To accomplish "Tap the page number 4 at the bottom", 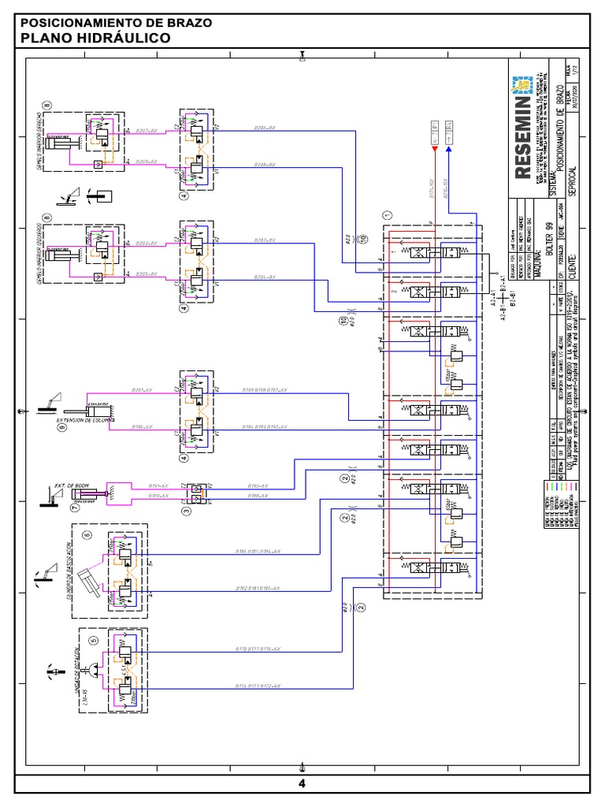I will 302,783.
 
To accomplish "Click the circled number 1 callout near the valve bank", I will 386,214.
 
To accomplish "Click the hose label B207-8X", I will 147,130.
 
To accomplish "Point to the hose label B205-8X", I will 147,274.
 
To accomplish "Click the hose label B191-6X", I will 160,486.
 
